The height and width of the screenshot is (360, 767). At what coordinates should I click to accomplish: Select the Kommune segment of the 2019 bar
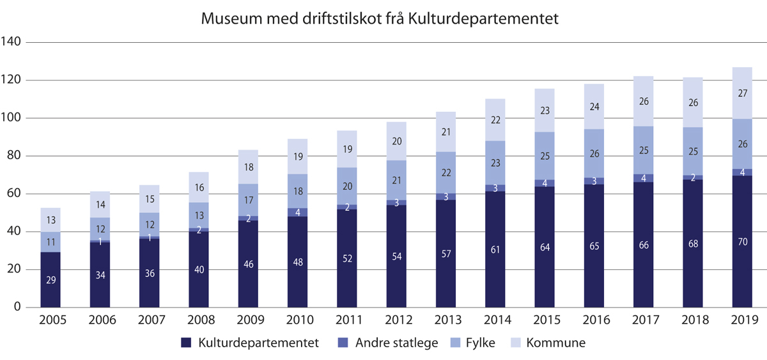point(743,93)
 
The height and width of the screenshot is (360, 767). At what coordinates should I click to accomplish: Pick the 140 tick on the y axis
point(12,42)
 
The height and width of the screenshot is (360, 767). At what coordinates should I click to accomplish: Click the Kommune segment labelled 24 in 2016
point(594,106)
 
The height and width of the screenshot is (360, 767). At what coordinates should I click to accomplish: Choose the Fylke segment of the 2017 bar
point(644,150)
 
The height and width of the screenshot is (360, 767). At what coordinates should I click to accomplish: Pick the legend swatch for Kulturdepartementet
point(187,343)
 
